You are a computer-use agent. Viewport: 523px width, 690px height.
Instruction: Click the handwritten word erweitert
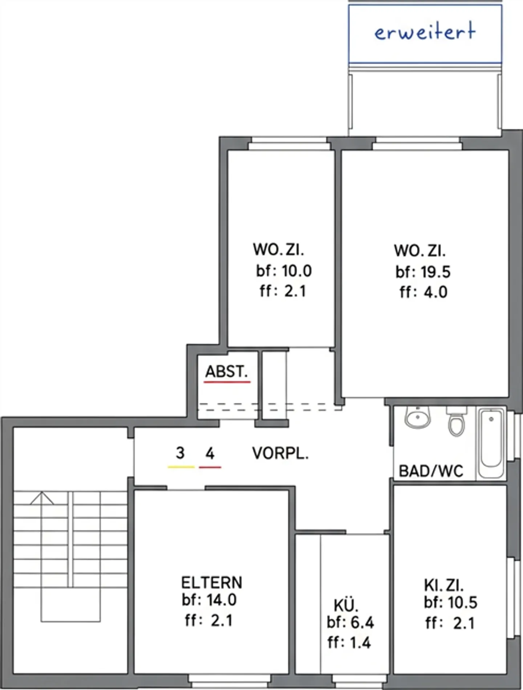pyautogui.click(x=425, y=32)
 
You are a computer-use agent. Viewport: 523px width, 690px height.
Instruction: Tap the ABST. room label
pyautogui.click(x=226, y=372)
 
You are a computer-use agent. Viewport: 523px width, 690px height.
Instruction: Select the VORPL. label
pyautogui.click(x=280, y=454)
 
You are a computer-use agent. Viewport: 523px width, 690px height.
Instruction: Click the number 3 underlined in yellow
pyautogui.click(x=180, y=453)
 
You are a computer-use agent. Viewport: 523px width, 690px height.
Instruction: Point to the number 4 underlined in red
pyautogui.click(x=210, y=454)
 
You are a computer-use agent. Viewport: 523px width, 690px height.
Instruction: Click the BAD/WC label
pyautogui.click(x=431, y=471)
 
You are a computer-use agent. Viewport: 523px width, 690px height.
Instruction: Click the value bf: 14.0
pyautogui.click(x=209, y=600)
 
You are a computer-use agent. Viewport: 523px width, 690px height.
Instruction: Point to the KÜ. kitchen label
pyautogui.click(x=346, y=606)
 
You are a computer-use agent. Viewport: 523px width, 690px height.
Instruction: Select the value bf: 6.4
pyautogui.click(x=350, y=622)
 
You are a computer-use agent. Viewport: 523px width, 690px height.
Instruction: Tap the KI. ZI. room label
pyautogui.click(x=443, y=585)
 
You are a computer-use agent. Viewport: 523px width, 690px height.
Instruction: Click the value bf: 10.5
pyautogui.click(x=450, y=603)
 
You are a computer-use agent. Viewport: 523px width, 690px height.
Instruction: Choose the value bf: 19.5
pyautogui.click(x=423, y=272)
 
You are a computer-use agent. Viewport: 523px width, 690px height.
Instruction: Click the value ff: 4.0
pyautogui.click(x=423, y=292)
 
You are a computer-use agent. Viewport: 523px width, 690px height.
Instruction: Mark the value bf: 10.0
pyautogui.click(x=284, y=271)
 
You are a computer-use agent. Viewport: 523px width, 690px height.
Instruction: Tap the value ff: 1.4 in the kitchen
pyautogui.click(x=349, y=643)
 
